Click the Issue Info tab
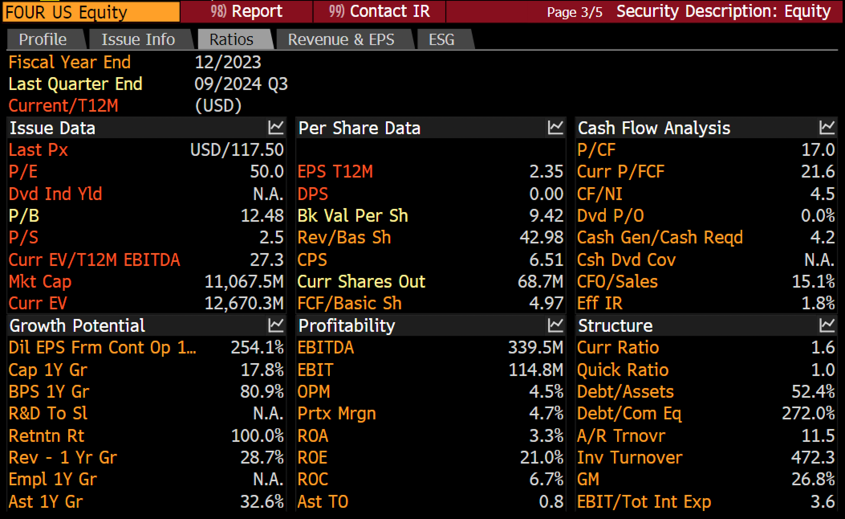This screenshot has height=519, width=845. click(x=138, y=39)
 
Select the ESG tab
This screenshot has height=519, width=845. click(x=441, y=39)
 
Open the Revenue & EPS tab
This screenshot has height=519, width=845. click(x=341, y=39)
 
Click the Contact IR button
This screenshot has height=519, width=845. click(x=379, y=11)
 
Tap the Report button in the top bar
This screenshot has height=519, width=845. click(x=246, y=11)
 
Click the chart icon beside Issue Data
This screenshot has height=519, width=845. click(x=276, y=128)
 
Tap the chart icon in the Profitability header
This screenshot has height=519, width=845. click(x=555, y=325)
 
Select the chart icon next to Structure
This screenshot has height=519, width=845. click(x=827, y=325)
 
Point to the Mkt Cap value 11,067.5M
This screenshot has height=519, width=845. click(x=244, y=282)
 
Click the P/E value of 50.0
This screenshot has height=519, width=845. click(x=267, y=172)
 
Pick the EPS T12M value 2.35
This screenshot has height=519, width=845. click(x=546, y=172)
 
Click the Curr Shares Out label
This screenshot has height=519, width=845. click(x=361, y=282)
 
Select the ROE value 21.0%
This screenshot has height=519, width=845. click(x=542, y=458)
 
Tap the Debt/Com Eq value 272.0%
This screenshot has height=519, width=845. click(x=808, y=413)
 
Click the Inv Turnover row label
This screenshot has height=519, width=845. click(x=630, y=458)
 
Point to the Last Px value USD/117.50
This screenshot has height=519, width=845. click(x=237, y=150)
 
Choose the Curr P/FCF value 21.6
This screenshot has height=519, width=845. click(x=818, y=172)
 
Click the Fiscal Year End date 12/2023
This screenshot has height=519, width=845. click(x=228, y=62)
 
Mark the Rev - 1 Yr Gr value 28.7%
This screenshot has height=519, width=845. click(x=262, y=458)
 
